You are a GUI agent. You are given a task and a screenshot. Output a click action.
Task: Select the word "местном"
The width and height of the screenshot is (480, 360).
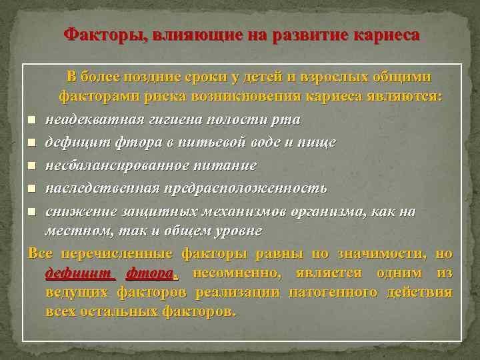pyautogui.click(x=75, y=231)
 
